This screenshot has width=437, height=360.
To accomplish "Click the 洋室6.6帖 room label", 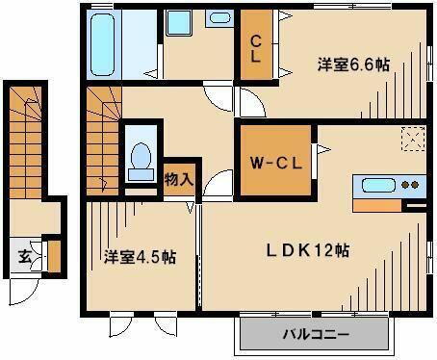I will tap(354, 64).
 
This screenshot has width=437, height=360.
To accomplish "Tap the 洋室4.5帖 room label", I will tap(140, 257).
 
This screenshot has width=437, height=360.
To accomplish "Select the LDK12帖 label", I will tap(308, 249).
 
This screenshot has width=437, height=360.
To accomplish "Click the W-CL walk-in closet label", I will tap(276, 162).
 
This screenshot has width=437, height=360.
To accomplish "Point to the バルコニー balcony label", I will tap(318, 336).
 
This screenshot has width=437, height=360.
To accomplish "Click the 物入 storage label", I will tap(178, 178).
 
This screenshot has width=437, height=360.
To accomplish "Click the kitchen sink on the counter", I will tap(376, 186).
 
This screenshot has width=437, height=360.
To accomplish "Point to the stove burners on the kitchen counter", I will tap(411, 185).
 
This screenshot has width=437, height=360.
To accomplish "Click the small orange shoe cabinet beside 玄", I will tap(54, 256).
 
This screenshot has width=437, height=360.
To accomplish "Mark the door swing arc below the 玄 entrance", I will tap(23, 290).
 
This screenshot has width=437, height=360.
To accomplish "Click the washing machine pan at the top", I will tap(179, 25).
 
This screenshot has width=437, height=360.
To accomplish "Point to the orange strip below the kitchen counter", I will tap(380, 205).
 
